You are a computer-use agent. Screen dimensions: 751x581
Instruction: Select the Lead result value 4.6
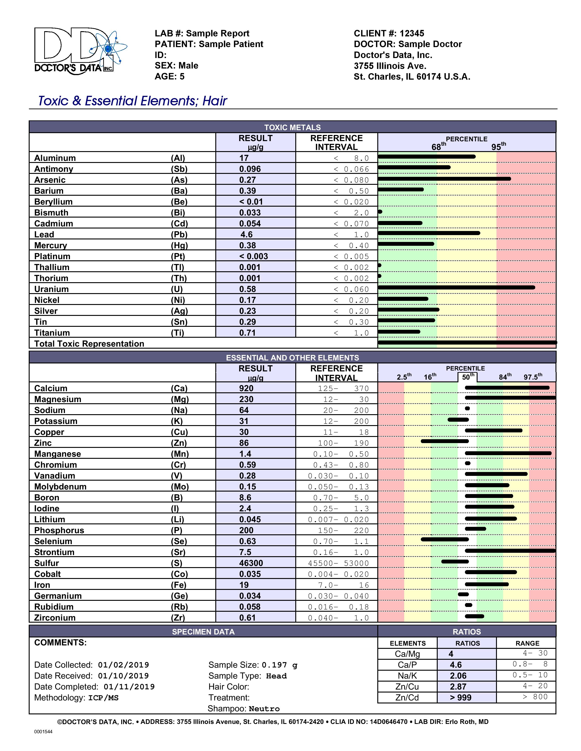(x=247, y=234)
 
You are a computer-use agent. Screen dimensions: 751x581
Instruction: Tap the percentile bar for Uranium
(x=456, y=287)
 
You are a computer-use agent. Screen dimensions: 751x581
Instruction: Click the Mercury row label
(x=50, y=246)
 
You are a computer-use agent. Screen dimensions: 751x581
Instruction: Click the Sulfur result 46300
(x=251, y=563)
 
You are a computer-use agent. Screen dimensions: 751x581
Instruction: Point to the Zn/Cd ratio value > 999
(x=460, y=698)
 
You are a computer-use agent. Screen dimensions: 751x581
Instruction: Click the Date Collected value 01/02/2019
(x=123, y=665)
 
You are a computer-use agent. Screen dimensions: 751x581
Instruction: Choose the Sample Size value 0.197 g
(x=279, y=665)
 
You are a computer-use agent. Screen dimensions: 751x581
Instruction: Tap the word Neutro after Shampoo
(x=264, y=709)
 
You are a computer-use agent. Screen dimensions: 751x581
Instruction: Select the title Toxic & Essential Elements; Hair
(x=133, y=101)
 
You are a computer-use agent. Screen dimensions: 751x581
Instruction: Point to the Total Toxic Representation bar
(x=467, y=343)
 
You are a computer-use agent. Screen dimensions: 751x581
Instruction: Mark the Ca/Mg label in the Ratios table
(x=407, y=654)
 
